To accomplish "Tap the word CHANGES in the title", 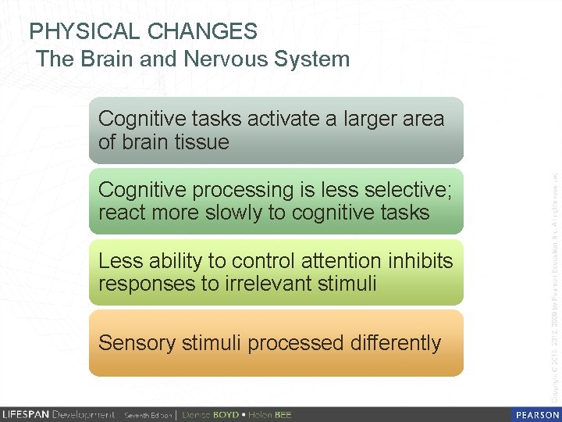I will point(202,31).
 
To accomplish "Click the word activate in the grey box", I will point(282,119).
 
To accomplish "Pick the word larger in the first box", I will point(370,119).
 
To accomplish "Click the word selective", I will point(409,190).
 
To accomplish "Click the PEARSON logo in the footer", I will point(536,414).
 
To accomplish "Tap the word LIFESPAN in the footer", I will point(26,414).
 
